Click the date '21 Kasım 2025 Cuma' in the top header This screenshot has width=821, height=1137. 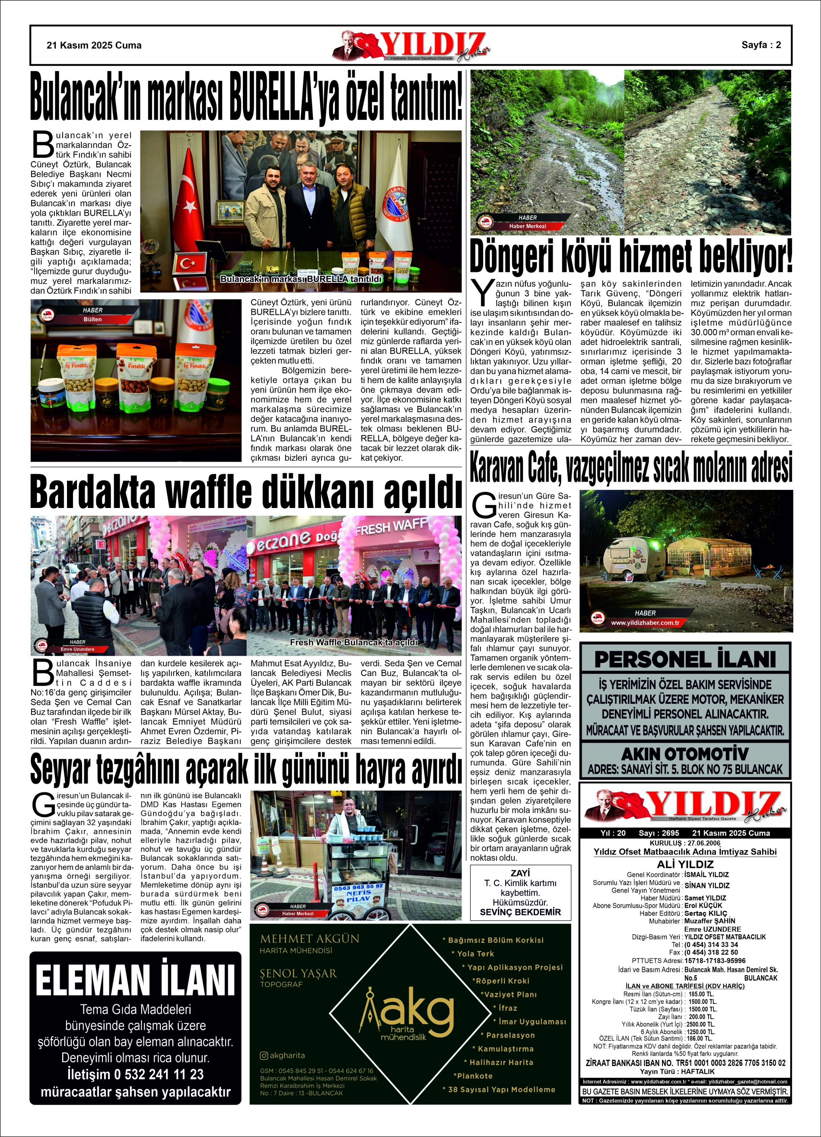[x=94, y=45]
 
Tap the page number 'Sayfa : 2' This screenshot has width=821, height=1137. [x=761, y=45]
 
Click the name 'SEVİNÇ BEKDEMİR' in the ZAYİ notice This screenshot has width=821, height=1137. [x=520, y=912]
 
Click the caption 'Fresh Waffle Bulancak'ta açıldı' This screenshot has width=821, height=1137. [x=353, y=642]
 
